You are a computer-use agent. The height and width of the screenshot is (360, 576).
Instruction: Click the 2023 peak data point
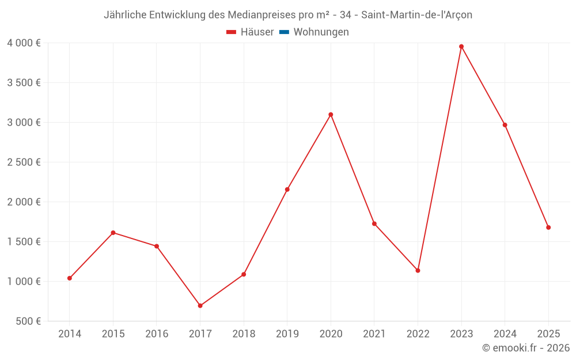coord(461,47)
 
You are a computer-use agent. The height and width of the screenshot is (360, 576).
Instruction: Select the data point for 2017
coord(200,306)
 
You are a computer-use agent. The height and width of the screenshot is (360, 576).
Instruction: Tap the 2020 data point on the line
coord(331,115)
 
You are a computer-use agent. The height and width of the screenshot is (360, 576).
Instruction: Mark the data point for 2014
coord(70,278)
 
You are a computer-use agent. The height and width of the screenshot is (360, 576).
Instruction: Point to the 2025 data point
coord(548,228)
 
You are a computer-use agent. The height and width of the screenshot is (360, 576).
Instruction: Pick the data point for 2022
coord(418,271)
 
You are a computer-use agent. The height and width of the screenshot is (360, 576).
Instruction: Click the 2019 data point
coord(287,190)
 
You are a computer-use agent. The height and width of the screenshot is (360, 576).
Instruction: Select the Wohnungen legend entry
coord(321,32)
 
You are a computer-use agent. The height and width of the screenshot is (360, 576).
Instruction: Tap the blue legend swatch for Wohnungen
coord(283,32)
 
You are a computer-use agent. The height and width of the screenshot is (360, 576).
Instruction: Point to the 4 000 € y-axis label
coord(24,43)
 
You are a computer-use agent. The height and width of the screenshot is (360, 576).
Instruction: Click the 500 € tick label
coord(28,321)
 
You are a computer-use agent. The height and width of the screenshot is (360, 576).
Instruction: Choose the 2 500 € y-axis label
coord(24,162)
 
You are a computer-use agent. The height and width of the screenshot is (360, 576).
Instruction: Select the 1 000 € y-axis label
coord(24,282)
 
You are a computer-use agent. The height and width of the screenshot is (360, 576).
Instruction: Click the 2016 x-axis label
coord(157,334)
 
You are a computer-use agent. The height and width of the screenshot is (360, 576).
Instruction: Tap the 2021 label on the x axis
coord(374,334)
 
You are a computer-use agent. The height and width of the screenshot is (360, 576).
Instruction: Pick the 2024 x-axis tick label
coord(505,334)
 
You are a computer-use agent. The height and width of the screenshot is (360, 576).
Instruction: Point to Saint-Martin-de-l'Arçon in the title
coord(416,15)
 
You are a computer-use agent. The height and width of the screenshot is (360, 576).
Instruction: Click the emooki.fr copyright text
coord(526,348)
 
